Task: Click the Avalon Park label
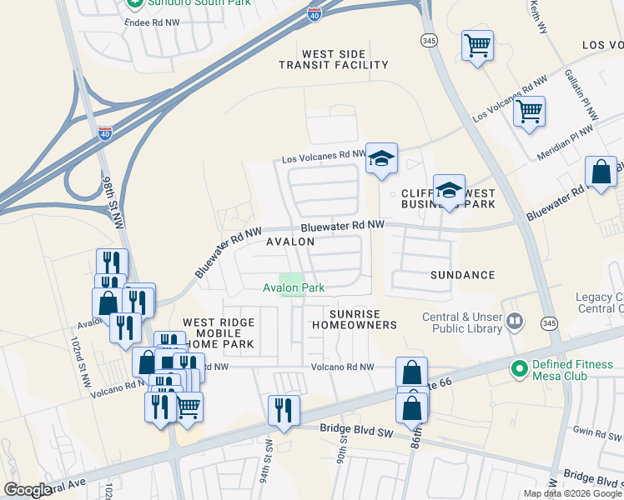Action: tap(293, 288)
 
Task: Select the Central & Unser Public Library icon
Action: tap(516, 322)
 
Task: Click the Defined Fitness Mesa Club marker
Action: tap(519, 367)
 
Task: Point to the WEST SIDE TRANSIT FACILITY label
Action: tap(334, 59)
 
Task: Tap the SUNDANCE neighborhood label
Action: tap(462, 275)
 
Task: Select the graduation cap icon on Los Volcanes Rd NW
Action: tap(381, 158)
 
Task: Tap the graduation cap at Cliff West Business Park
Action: tap(449, 190)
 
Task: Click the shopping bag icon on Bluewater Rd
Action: tap(601, 172)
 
